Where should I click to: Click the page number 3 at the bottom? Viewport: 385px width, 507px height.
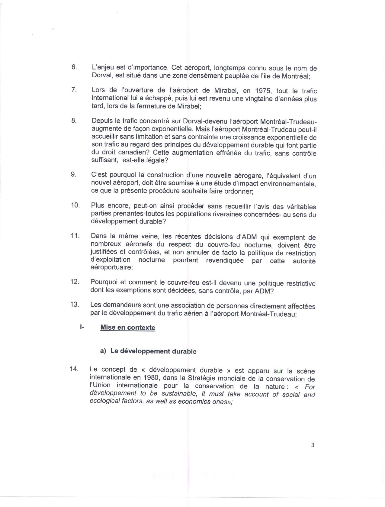313,445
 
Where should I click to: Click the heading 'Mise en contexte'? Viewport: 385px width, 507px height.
127,328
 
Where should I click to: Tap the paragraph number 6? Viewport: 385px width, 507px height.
74,67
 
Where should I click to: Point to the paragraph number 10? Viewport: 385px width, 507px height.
75,205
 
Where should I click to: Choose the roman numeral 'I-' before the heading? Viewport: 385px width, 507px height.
82,327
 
